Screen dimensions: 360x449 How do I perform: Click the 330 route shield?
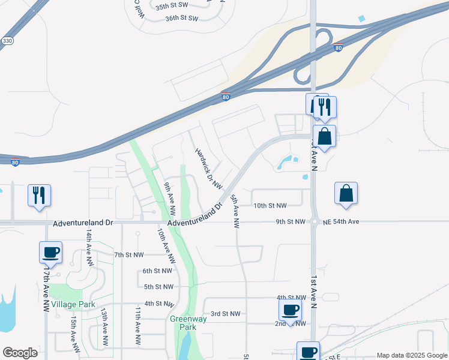[7, 41]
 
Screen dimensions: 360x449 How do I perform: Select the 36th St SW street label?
[181, 19]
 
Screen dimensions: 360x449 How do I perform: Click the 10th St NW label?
[270, 205]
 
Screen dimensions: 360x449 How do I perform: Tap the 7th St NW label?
[129, 255]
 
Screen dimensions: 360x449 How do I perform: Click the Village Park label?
[73, 305]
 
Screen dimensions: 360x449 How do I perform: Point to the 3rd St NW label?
[225, 314]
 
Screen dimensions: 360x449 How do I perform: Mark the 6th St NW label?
[158, 271]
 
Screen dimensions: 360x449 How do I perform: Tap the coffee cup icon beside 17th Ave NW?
[50, 251]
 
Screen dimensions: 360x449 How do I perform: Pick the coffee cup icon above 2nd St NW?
[291, 310]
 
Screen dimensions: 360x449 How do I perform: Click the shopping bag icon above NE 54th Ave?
[346, 193]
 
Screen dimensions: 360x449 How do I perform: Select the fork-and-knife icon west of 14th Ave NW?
[39, 195]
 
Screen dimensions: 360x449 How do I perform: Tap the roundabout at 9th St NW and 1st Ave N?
[314, 222]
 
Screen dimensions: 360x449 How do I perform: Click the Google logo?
[20, 353]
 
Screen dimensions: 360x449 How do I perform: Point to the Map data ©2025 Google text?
[411, 355]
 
